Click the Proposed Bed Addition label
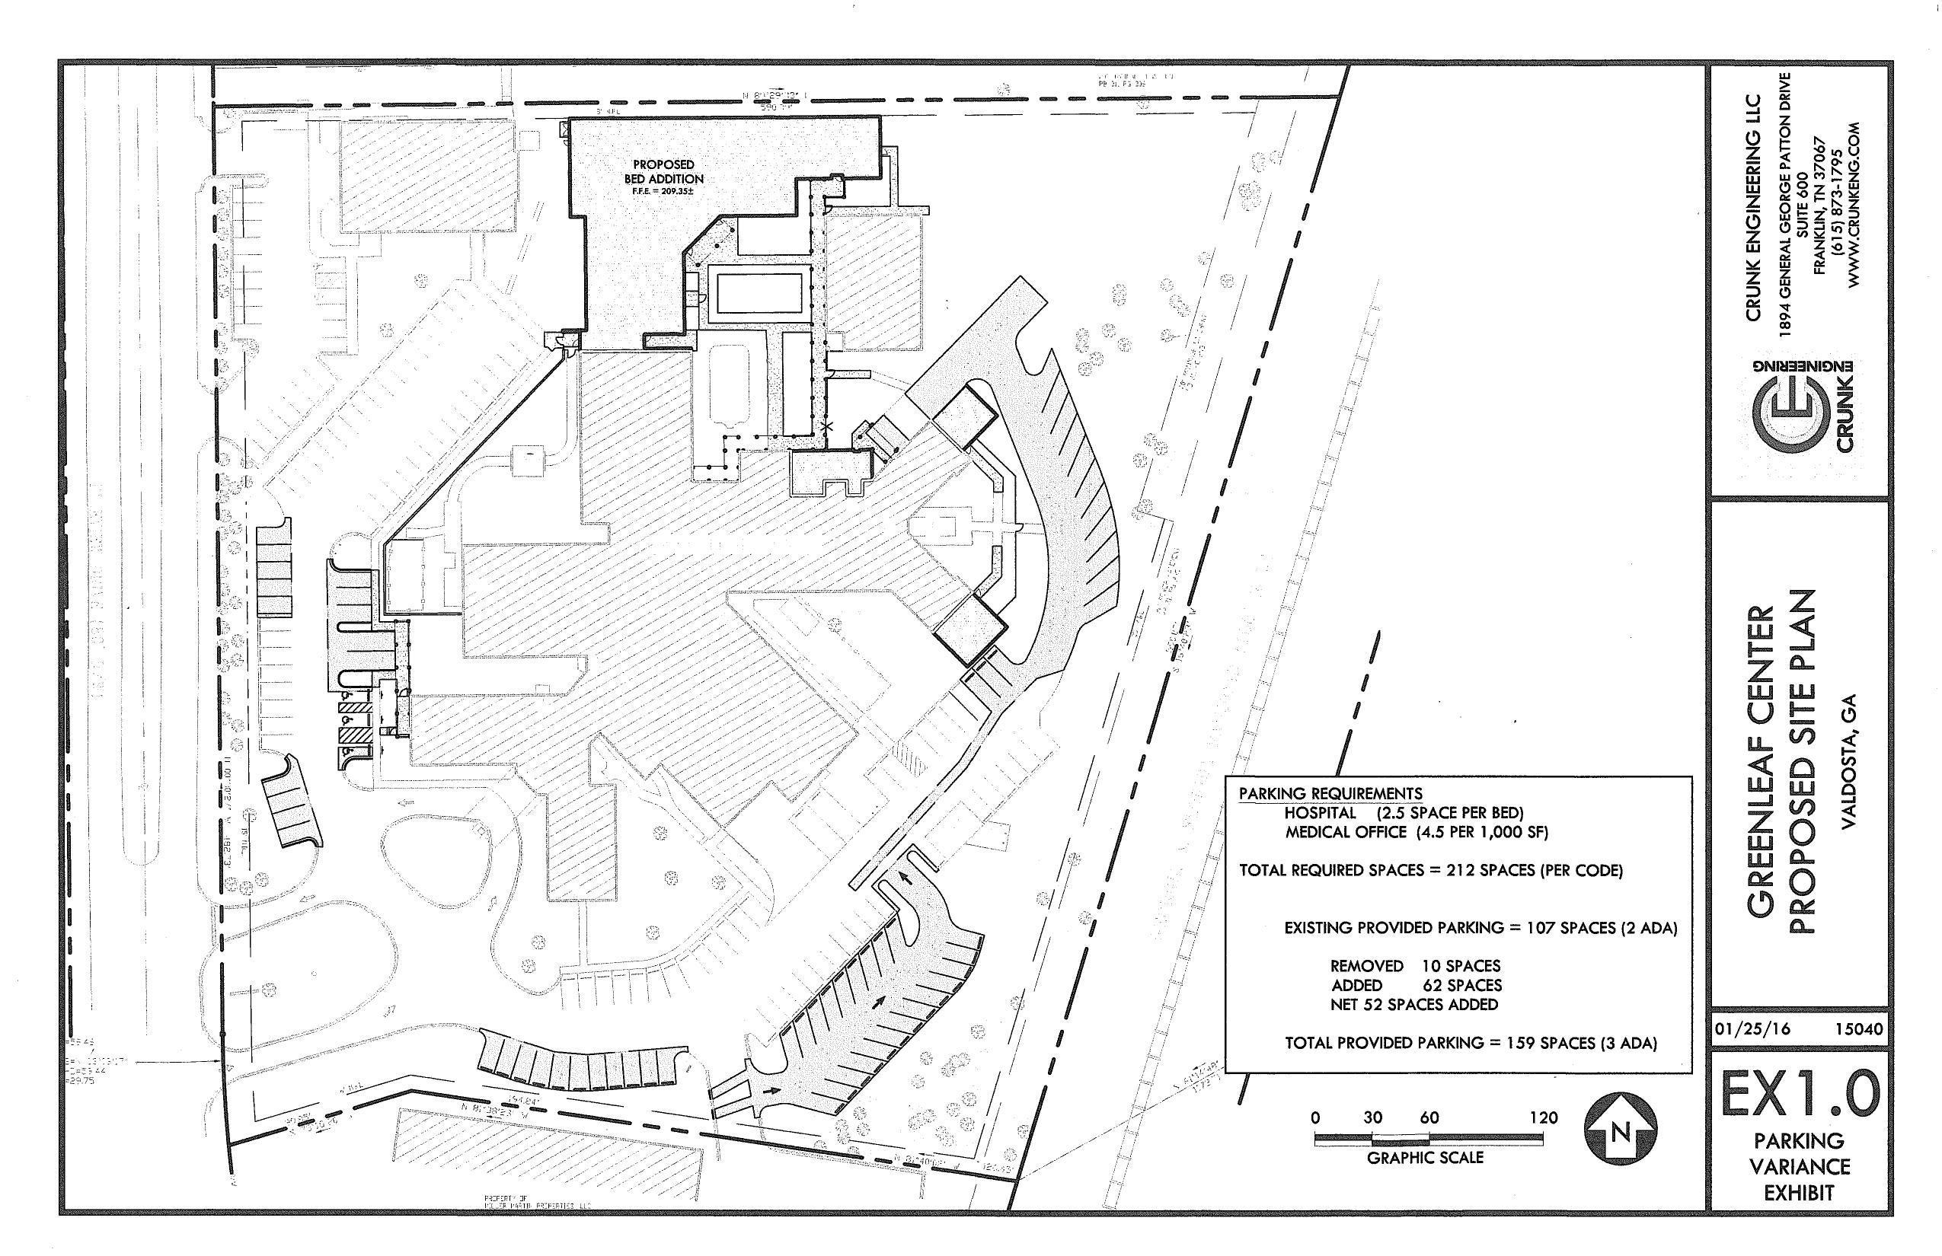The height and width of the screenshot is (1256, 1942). click(663, 172)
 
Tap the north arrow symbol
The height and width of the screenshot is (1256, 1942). click(1620, 1130)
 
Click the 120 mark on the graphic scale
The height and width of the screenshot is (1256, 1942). click(1543, 1118)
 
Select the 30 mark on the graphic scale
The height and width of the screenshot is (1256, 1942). click(1372, 1118)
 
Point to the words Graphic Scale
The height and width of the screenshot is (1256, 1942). click(1425, 1157)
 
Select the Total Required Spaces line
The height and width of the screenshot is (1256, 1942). click(1430, 870)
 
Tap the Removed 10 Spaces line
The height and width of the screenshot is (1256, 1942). click(1415, 967)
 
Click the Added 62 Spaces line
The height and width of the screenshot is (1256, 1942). click(1416, 985)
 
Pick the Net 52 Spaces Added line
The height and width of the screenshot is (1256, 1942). click(1414, 1005)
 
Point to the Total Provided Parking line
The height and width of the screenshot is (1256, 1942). click(1471, 1042)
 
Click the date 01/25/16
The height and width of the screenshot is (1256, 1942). click(1752, 1029)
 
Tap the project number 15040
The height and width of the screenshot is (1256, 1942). click(1859, 1029)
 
